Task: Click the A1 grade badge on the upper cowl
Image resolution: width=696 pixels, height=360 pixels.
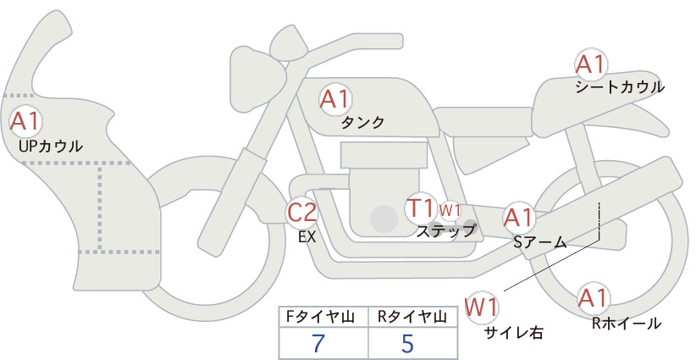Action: pyautogui.click(x=25, y=122)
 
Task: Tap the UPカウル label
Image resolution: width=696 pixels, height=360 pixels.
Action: pyautogui.click(x=51, y=146)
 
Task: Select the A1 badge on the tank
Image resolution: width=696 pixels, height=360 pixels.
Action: pyautogui.click(x=335, y=99)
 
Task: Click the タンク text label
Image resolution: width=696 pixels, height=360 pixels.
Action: pyautogui.click(x=362, y=123)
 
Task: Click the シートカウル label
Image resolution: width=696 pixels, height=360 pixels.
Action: pyautogui.click(x=620, y=87)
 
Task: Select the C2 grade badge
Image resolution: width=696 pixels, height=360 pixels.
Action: pyautogui.click(x=301, y=212)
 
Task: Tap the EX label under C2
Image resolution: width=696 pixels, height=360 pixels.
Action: pyautogui.click(x=307, y=237)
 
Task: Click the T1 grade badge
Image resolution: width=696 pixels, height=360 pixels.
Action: pyautogui.click(x=420, y=208)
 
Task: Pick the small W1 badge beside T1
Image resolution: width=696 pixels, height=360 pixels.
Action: pyautogui.click(x=450, y=210)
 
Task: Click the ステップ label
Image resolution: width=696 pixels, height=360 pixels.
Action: pyautogui.click(x=445, y=231)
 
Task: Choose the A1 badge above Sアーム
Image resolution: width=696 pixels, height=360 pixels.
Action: pyautogui.click(x=518, y=218)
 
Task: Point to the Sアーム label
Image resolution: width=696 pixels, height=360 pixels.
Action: pyautogui.click(x=539, y=242)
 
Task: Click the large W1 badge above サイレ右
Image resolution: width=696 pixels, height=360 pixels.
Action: pyautogui.click(x=482, y=307)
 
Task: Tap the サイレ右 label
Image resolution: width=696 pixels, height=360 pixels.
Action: pyautogui.click(x=514, y=333)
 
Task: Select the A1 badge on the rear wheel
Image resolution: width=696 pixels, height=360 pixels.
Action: pyautogui.click(x=593, y=298)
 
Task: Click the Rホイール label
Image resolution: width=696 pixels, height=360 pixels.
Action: pyautogui.click(x=627, y=324)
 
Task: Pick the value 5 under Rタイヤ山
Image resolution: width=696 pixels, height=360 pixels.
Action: pyautogui.click(x=407, y=344)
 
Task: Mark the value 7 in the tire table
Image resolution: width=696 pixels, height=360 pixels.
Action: pyautogui.click(x=318, y=344)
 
